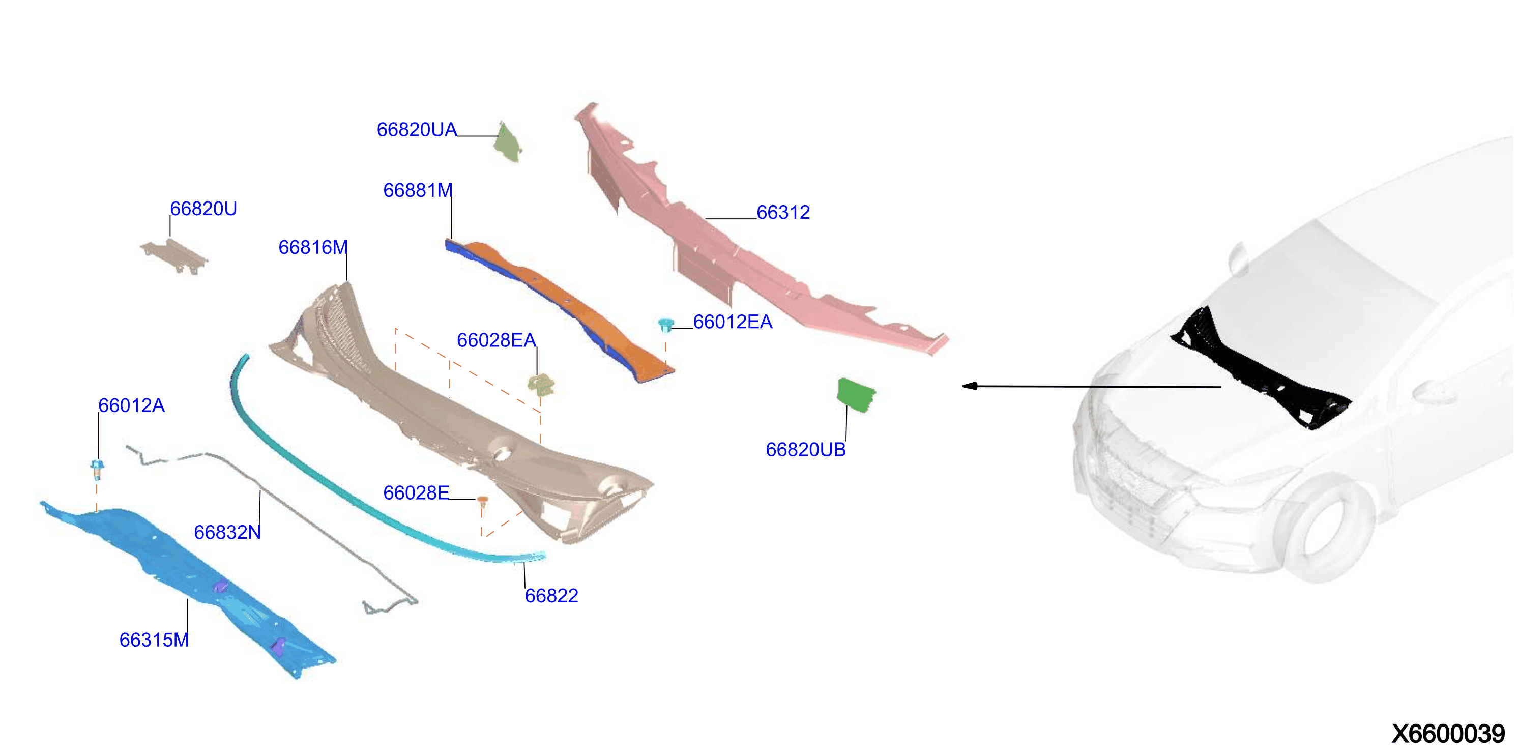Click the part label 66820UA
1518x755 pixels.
click(x=417, y=130)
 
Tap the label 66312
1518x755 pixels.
click(x=783, y=212)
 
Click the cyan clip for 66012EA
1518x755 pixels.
click(x=666, y=325)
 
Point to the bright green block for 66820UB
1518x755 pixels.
click(x=856, y=394)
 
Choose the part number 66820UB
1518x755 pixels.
click(x=806, y=450)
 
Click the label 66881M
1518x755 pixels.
click(x=418, y=190)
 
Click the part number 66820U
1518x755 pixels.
click(x=203, y=209)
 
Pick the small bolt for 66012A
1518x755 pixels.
click(x=97, y=470)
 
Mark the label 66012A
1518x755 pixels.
click(x=131, y=405)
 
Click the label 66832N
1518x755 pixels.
click(x=227, y=532)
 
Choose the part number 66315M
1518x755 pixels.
click(x=154, y=640)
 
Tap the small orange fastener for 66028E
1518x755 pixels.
click(x=482, y=501)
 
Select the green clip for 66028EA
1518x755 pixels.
click(x=541, y=385)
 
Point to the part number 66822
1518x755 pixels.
click(x=551, y=596)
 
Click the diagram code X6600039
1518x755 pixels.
click(x=1448, y=734)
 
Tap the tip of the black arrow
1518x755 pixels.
click(x=962, y=386)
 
